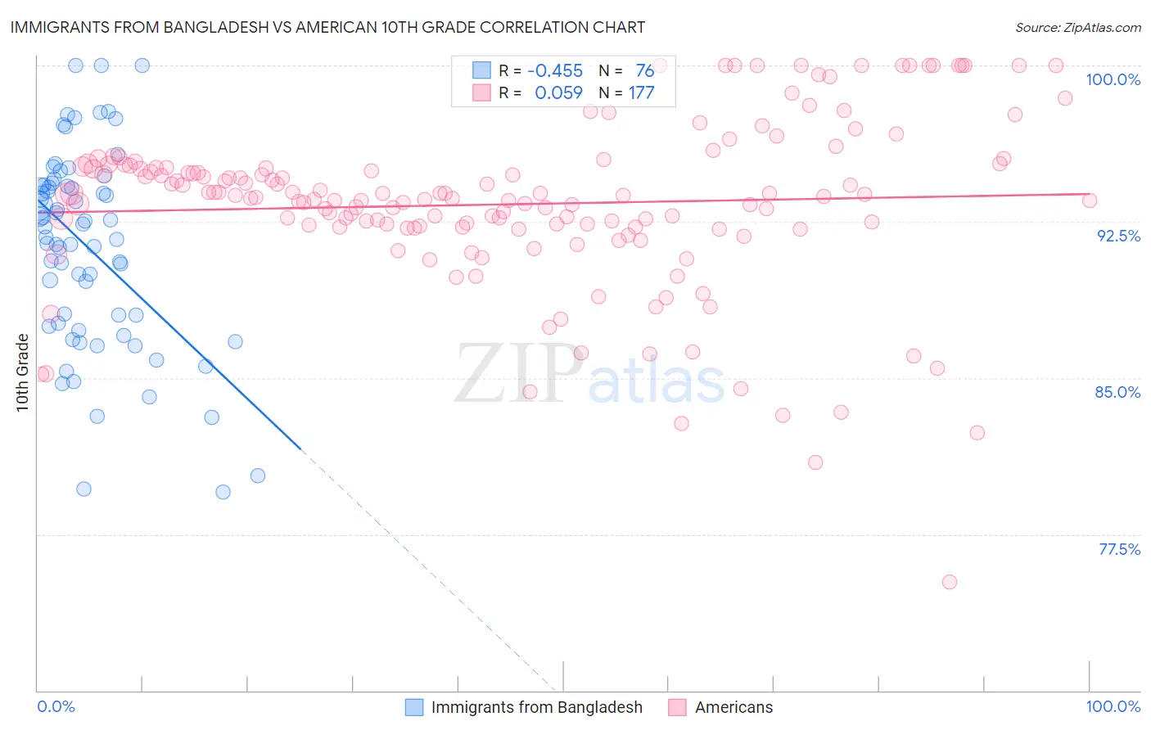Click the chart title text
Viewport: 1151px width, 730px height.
(x=327, y=27)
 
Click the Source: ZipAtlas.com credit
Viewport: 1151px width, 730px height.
(x=1077, y=28)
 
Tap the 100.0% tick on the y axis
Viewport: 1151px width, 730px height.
(x=1113, y=79)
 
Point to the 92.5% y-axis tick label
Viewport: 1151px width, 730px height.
(x=1118, y=236)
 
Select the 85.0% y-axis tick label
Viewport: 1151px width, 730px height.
(x=1117, y=392)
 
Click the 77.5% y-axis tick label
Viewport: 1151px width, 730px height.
(x=1119, y=549)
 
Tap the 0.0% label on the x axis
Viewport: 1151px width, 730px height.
(x=56, y=706)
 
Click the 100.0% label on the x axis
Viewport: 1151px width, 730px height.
(x=1113, y=706)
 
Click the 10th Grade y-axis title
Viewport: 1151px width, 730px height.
(x=22, y=372)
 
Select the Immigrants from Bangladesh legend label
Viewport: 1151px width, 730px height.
(x=536, y=707)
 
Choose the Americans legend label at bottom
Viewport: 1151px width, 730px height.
(x=733, y=707)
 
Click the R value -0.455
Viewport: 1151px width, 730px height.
(x=555, y=71)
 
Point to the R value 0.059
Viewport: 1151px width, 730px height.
(x=558, y=93)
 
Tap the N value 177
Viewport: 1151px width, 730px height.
(x=641, y=93)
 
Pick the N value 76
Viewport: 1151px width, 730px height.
(x=644, y=71)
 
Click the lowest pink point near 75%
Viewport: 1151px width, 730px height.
(x=950, y=582)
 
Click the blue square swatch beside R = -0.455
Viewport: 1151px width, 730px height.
(x=481, y=70)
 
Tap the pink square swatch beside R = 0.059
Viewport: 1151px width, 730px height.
(x=481, y=92)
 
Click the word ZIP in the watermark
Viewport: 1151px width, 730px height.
(x=516, y=374)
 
